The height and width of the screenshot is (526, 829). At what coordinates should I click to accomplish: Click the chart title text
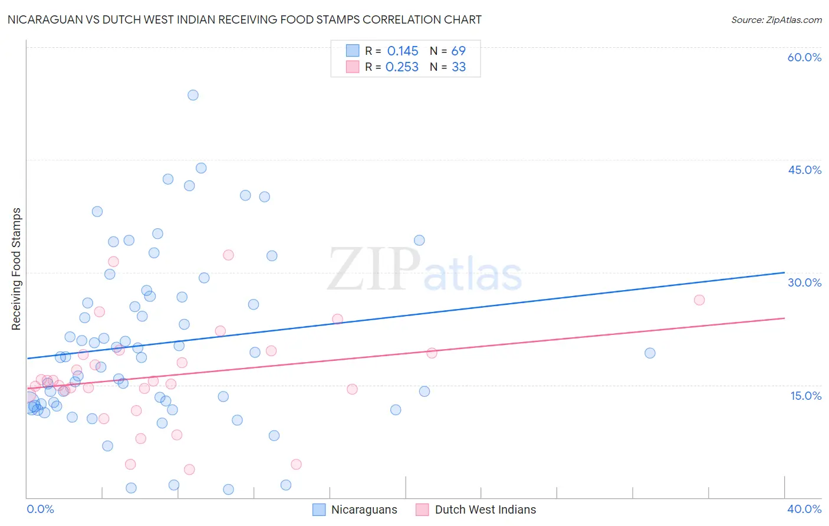[x=244, y=19]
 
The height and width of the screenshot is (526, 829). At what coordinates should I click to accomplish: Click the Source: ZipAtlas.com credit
[x=776, y=19]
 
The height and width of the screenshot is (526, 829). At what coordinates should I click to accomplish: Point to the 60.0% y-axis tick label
[x=804, y=57]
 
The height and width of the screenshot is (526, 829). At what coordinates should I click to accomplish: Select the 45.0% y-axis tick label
[x=804, y=170]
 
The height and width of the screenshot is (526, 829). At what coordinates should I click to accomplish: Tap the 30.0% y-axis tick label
[x=804, y=282]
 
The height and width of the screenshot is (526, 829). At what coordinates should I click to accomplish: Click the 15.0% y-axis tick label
[x=805, y=396]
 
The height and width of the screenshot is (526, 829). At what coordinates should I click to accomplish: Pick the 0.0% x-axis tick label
[x=40, y=509]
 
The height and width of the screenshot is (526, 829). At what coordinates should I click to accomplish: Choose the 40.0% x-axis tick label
[x=804, y=509]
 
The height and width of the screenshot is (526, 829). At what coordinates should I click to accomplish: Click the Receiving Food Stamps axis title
[x=17, y=269]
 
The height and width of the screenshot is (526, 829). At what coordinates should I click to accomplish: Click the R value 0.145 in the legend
[x=403, y=51]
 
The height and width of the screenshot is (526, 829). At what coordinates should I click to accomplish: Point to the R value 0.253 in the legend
[x=402, y=67]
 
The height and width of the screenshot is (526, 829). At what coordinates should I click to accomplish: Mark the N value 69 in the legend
[x=458, y=51]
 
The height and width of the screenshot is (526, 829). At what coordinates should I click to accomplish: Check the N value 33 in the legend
[x=458, y=67]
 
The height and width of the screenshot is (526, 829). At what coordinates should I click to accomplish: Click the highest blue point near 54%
[x=193, y=95]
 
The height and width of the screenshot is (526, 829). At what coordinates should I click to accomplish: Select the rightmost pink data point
[x=699, y=300]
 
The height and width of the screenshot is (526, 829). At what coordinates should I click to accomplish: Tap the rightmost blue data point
[x=650, y=353]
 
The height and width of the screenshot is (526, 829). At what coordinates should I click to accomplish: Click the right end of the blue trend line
[x=784, y=272]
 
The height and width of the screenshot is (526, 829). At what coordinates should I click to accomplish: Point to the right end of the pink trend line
[x=784, y=318]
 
